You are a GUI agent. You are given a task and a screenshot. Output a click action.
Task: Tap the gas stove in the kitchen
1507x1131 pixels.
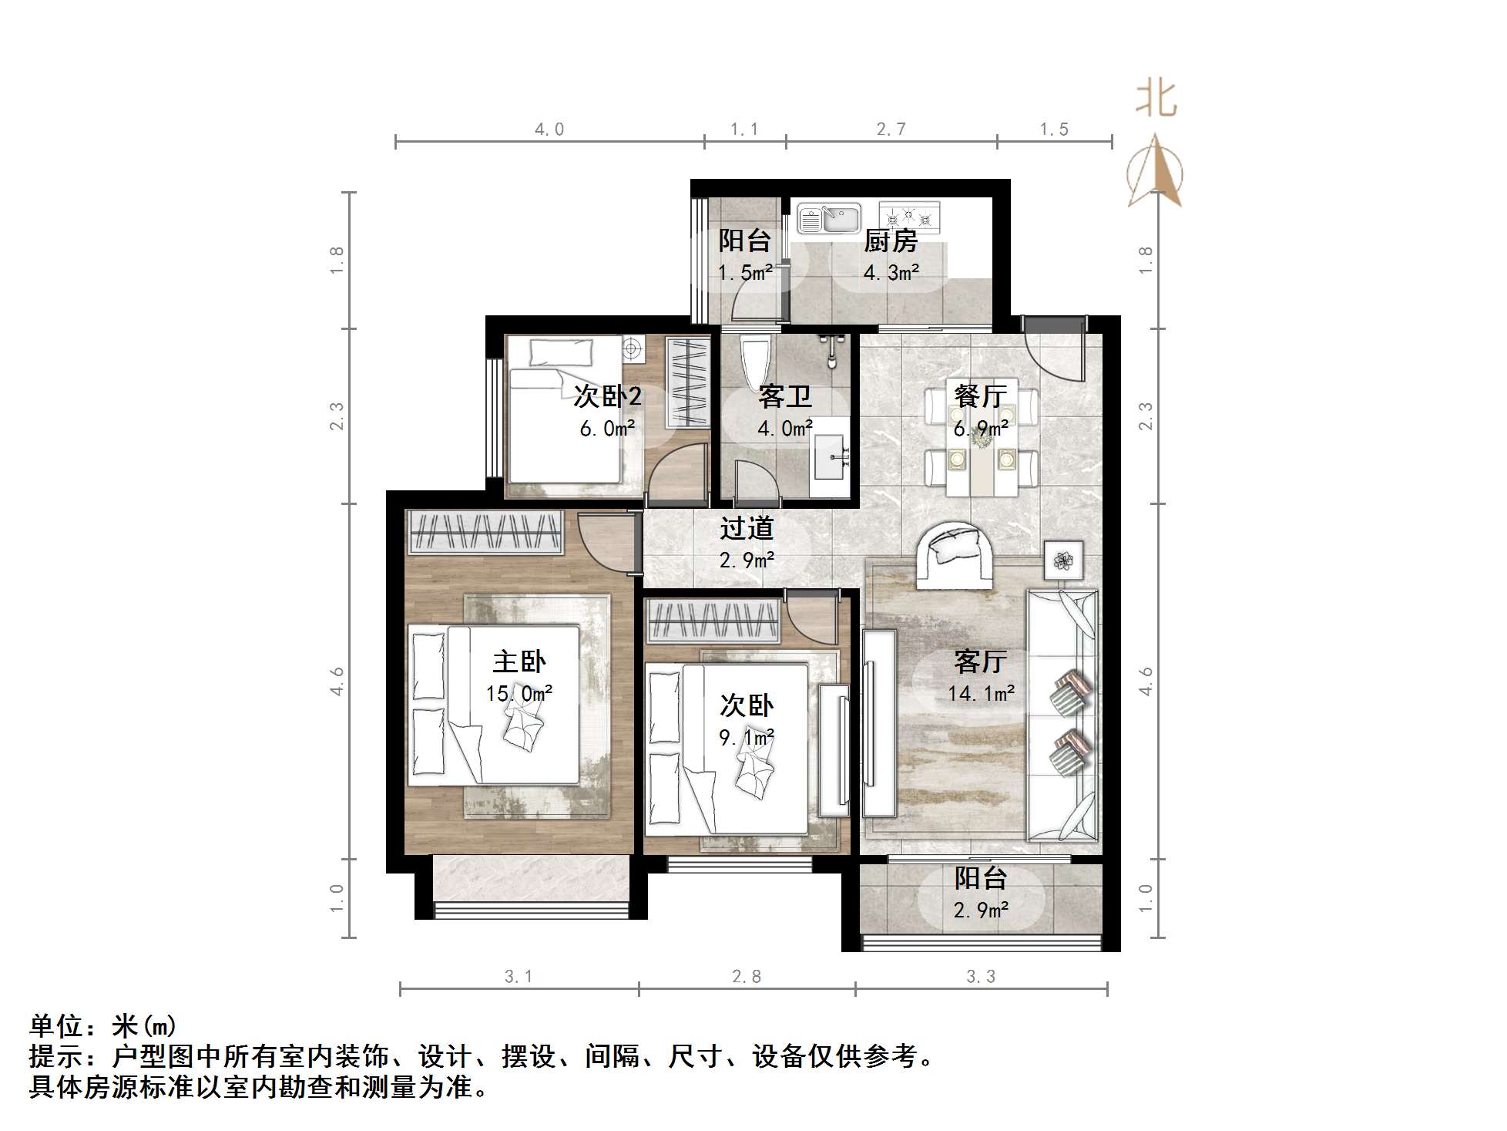910,217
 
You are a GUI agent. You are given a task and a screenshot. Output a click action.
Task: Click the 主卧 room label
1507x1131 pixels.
519,661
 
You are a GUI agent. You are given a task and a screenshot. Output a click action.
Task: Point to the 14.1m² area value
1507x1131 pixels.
981,693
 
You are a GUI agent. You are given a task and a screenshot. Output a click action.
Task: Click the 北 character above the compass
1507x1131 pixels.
1156,99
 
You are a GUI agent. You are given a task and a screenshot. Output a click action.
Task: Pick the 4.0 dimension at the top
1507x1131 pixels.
549,130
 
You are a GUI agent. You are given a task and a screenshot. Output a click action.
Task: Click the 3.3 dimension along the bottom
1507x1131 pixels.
981,977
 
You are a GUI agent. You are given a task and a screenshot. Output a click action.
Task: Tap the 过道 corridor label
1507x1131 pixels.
746,528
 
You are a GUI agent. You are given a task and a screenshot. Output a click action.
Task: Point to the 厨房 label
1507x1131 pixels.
890,241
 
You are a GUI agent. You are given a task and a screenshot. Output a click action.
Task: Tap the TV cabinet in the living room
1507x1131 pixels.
879,722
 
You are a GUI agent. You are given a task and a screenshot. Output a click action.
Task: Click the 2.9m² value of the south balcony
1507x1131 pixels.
981,911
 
